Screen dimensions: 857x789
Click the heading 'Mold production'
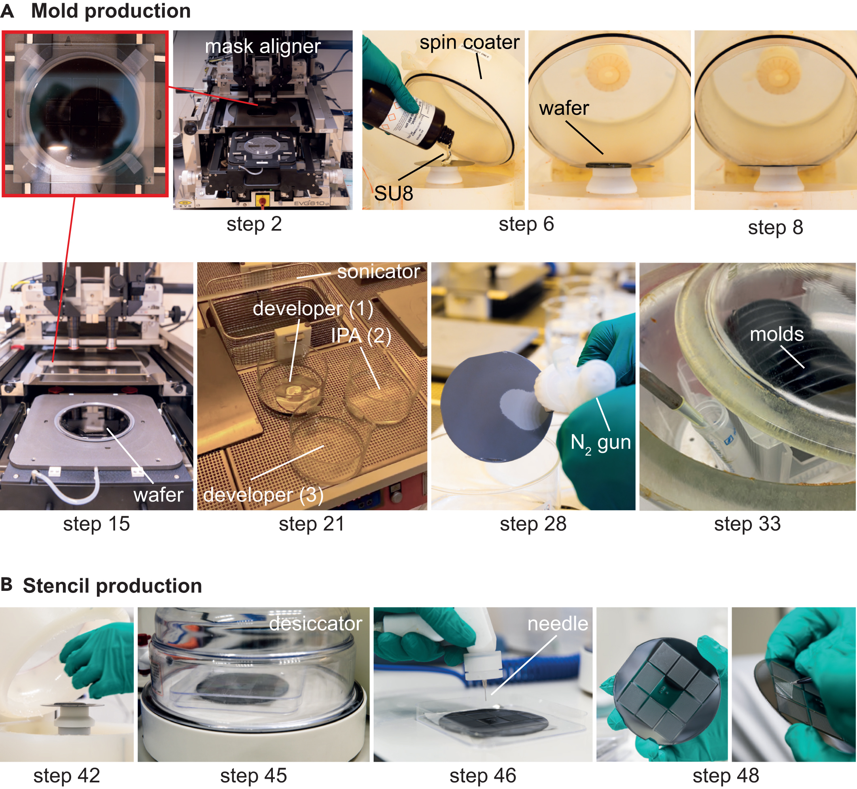point(111,11)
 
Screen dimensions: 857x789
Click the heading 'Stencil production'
point(112,586)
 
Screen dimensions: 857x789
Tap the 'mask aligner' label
point(263,46)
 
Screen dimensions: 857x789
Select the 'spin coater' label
point(469,42)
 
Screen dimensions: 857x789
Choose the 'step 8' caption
point(776,227)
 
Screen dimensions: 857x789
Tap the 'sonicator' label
point(378,272)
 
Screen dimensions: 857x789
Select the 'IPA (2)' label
point(361,336)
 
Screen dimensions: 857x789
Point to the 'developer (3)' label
point(263,495)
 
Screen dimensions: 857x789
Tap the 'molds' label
point(777,334)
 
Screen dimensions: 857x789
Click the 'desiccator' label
point(316,624)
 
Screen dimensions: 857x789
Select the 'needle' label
point(558,624)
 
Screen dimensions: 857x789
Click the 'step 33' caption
point(747,524)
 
